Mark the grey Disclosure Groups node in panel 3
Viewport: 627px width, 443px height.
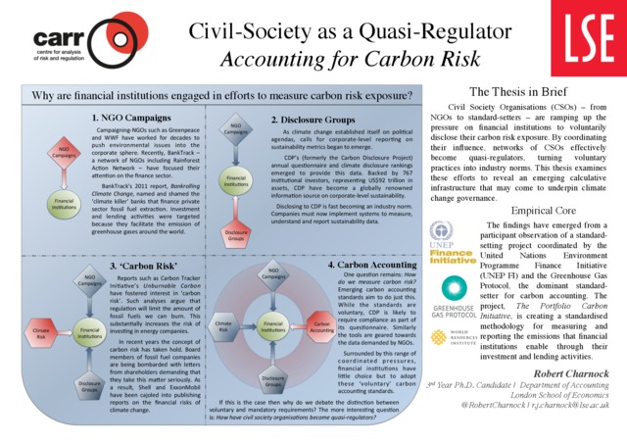pyautogui.click(x=89, y=385)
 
